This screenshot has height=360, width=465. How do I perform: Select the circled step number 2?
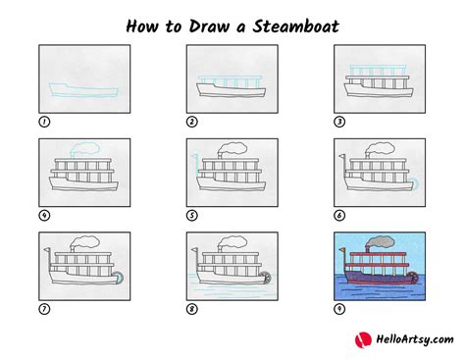192,122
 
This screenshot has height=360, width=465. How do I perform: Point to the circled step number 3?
339,122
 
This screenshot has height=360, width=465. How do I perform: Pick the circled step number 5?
192,215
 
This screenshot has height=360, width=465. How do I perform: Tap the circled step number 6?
339,215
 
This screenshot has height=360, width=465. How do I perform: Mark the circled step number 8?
192,308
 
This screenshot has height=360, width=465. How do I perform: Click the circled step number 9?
339,308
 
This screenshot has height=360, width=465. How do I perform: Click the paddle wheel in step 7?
119,277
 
